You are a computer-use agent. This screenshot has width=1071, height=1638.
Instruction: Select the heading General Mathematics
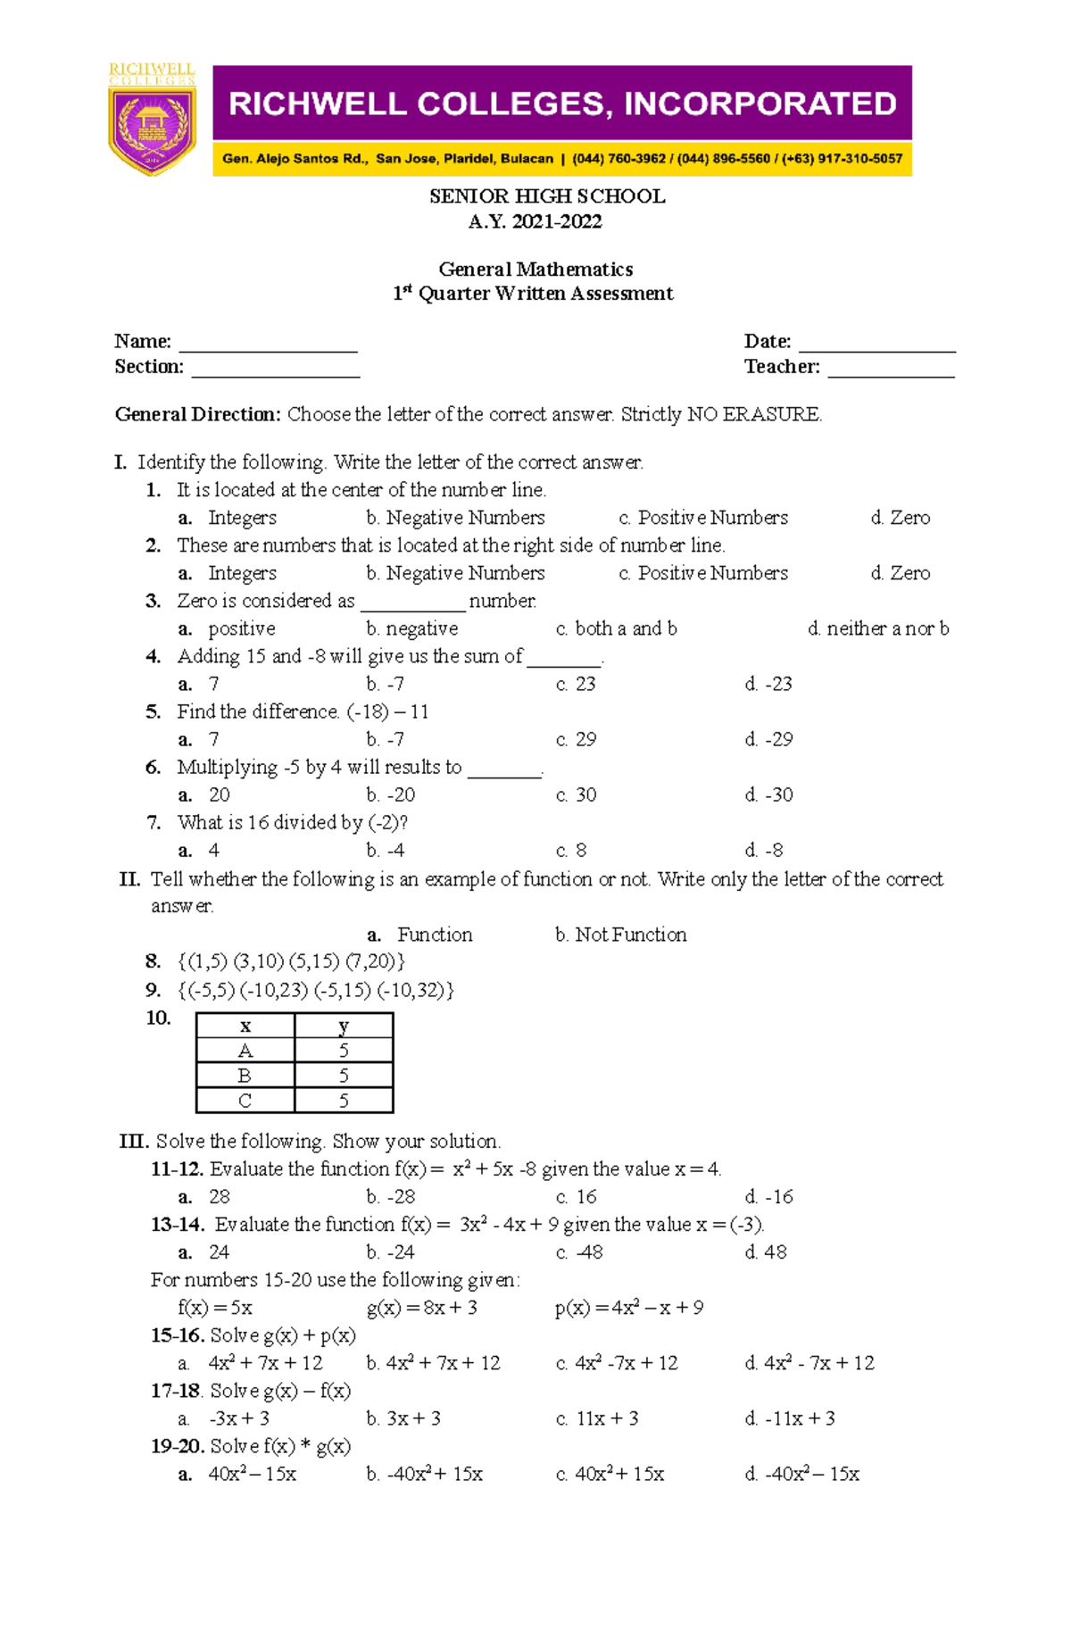point(535,269)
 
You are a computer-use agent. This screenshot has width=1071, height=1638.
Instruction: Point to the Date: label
point(768,341)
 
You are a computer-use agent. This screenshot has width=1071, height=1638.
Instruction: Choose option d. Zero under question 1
point(900,518)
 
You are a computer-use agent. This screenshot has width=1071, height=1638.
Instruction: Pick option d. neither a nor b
point(877,628)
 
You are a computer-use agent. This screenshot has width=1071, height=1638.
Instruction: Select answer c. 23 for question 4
point(576,684)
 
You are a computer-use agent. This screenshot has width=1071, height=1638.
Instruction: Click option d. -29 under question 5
point(768,739)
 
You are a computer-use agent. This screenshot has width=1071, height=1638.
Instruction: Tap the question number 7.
point(154,822)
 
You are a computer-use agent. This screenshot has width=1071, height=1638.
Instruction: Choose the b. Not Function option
point(620,935)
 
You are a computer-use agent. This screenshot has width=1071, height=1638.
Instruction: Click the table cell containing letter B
point(245,1076)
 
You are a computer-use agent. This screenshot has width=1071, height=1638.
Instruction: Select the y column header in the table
point(344,1026)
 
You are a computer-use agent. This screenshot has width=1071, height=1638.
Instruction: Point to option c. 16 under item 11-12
point(576,1196)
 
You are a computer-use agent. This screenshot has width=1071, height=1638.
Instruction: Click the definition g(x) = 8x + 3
point(422,1308)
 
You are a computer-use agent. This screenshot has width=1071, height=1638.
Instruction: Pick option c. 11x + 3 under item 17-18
point(597,1418)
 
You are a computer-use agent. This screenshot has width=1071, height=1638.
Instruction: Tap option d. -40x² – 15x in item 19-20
point(801,1474)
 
